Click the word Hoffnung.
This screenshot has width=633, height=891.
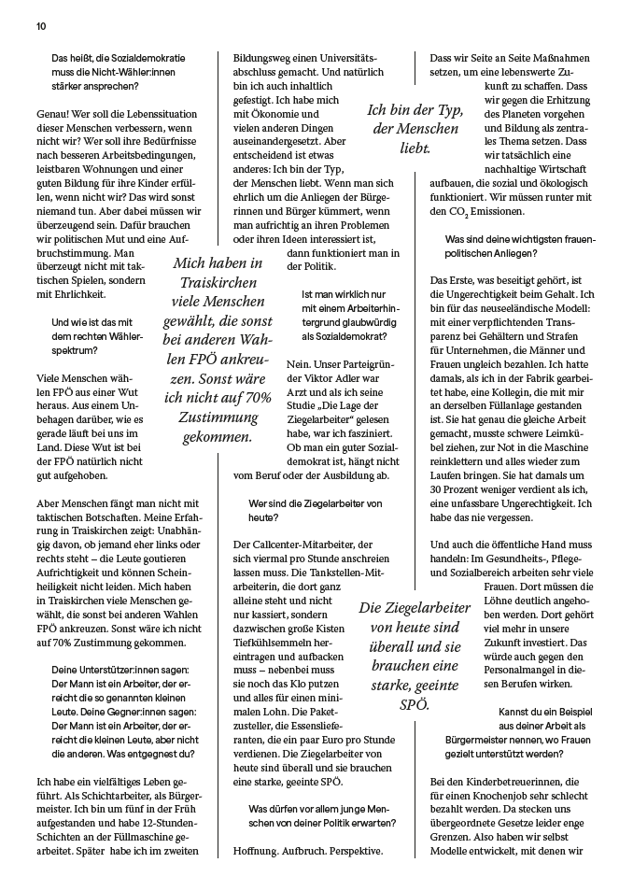264,851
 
